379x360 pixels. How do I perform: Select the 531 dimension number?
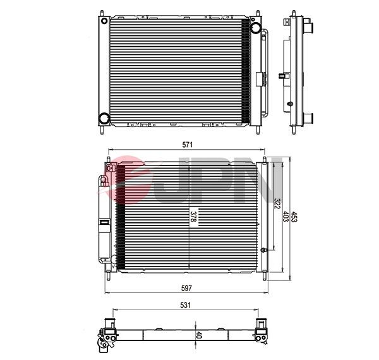click(186, 305)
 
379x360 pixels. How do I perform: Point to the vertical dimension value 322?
click(277, 204)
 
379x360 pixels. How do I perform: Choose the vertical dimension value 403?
click(285, 216)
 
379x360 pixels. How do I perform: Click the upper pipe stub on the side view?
click(310, 27)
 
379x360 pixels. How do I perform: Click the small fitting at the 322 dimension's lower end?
click(268, 251)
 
